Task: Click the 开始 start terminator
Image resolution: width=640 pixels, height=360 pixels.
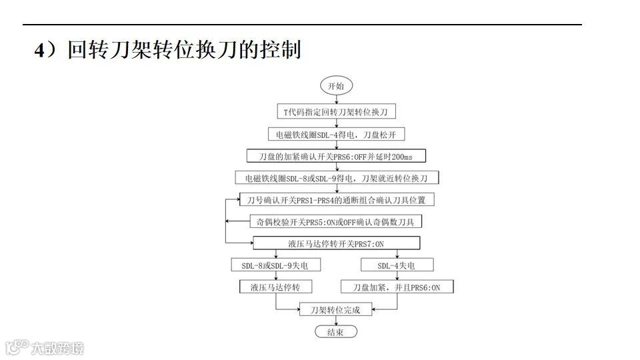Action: point(336,86)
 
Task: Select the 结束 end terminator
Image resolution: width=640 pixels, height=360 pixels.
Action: point(335,332)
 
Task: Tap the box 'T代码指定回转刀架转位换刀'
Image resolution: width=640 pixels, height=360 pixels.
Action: point(336,111)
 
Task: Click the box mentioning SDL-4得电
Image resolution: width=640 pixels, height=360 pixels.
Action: point(336,134)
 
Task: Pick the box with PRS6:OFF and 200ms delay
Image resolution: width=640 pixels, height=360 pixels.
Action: point(336,156)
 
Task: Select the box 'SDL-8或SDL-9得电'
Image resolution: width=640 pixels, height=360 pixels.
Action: point(336,178)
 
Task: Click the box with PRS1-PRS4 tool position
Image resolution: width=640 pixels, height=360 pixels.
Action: point(336,199)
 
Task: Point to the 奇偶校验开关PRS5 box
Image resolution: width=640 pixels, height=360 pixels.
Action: point(335,221)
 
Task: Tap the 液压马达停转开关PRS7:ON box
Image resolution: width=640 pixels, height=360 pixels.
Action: point(336,243)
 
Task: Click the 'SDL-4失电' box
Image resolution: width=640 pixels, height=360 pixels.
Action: point(397,265)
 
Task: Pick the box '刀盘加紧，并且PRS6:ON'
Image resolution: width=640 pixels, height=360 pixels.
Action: point(397,287)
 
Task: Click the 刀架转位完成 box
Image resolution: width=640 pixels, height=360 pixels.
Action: point(335,310)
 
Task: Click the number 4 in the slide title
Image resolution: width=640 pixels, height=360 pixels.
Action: point(40,51)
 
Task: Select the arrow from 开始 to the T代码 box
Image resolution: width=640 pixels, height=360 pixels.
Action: point(336,99)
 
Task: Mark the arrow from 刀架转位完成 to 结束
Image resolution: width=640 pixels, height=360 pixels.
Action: point(335,321)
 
